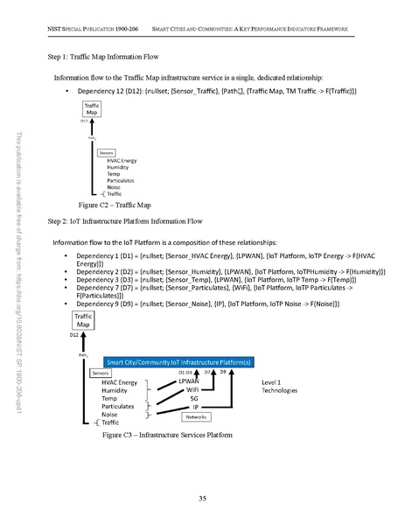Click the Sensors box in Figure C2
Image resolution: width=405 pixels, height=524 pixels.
click(107, 152)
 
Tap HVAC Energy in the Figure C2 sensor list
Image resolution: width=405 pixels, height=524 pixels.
click(122, 161)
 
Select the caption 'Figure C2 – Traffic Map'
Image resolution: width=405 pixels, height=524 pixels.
click(114, 203)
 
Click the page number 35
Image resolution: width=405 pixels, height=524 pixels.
click(202, 499)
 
